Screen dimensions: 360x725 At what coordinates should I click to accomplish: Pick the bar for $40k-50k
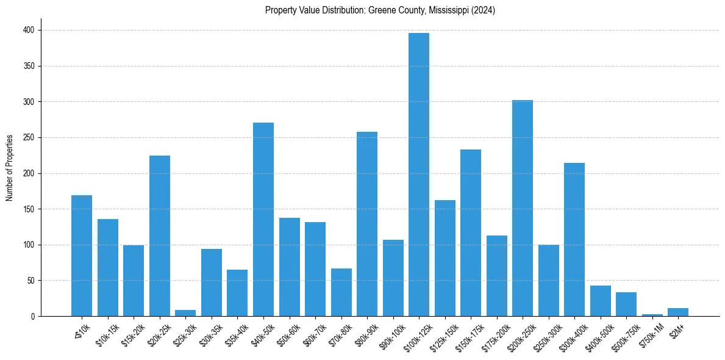(263, 220)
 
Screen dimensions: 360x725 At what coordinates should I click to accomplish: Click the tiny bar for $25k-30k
(185, 313)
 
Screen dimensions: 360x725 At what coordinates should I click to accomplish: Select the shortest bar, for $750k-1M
(652, 315)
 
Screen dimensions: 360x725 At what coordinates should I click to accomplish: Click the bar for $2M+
(678, 312)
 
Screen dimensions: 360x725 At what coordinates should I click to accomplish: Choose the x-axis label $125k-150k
(443, 336)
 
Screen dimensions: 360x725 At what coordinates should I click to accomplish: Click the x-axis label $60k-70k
(314, 335)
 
